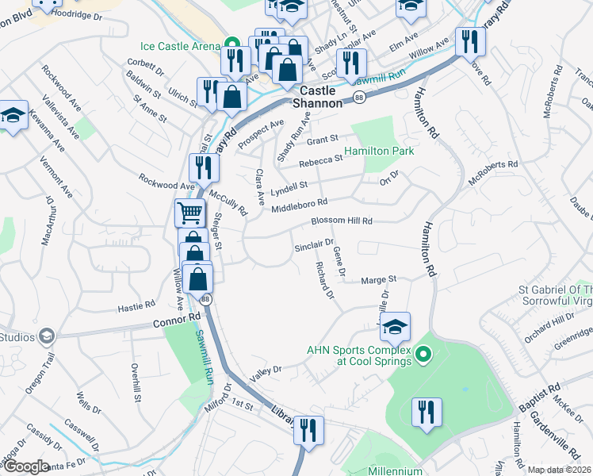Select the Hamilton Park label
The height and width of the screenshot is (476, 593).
(379, 152)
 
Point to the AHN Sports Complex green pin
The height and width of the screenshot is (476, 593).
(423, 355)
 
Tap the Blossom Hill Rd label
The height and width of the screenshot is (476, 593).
(341, 221)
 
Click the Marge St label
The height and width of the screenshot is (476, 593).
(378, 279)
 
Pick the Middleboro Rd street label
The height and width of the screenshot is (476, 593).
(299, 206)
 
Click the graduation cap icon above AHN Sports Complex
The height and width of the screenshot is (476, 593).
(395, 325)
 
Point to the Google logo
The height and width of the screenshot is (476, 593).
(26, 466)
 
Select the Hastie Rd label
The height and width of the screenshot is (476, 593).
(136, 306)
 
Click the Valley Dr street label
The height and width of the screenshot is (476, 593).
(266, 372)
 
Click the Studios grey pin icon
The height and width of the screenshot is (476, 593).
(47, 336)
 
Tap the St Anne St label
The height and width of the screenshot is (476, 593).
(150, 109)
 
